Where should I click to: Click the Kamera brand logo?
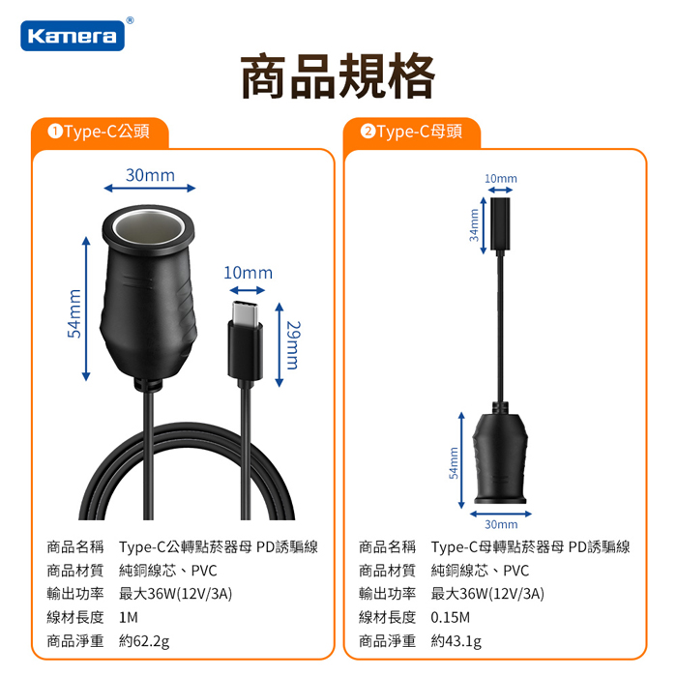click(x=73, y=36)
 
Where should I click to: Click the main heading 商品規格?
click(x=338, y=76)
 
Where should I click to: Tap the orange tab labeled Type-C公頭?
click(x=100, y=132)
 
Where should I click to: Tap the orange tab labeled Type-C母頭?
click(x=412, y=132)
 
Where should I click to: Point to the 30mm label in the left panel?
click(x=150, y=175)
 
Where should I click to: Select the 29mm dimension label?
click(x=293, y=345)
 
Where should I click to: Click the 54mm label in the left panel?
click(x=74, y=313)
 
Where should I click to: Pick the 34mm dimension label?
click(x=474, y=225)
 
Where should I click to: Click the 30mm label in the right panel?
click(x=501, y=524)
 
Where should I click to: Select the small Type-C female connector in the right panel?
click(x=500, y=223)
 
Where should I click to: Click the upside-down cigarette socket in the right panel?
click(x=500, y=458)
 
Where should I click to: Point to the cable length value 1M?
click(x=129, y=617)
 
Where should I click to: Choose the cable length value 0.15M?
click(x=450, y=617)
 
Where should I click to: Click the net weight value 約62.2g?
click(x=144, y=641)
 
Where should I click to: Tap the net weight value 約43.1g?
click(x=456, y=641)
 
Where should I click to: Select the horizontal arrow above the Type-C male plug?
click(x=247, y=290)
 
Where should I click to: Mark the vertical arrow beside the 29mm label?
click(x=280, y=344)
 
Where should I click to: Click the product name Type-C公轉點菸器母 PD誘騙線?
click(x=219, y=547)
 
